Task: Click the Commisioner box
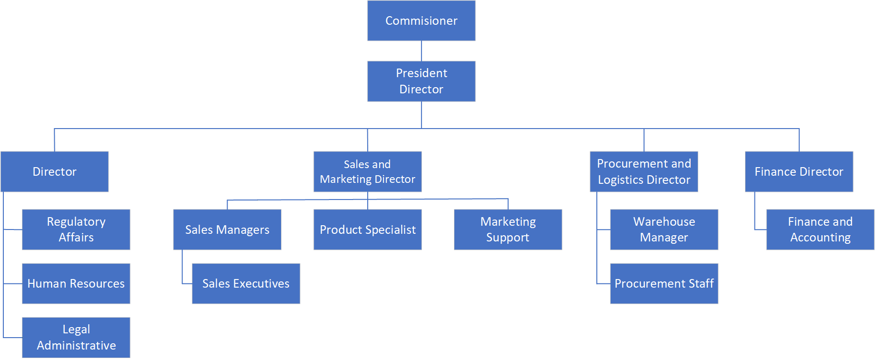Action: [x=421, y=21]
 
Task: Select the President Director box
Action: [x=421, y=81]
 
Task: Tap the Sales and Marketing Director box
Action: [x=367, y=171]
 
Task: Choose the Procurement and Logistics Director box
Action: [x=644, y=171]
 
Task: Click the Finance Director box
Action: [x=799, y=171]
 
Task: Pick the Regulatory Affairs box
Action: [x=76, y=230]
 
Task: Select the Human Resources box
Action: [x=76, y=283]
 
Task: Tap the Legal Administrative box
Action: [x=76, y=337]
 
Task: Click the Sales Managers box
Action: [x=227, y=230]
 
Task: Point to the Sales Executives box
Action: [x=246, y=283]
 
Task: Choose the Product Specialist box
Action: [x=367, y=230]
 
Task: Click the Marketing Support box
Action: [x=508, y=230]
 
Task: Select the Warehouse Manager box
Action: [x=664, y=230]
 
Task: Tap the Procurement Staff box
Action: [x=664, y=283]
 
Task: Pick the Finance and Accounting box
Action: [x=820, y=230]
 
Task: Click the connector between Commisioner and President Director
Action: [x=421, y=51]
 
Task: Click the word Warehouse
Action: [x=664, y=222]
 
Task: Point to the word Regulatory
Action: [x=76, y=222]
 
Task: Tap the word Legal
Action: [x=76, y=330]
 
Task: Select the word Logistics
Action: [x=620, y=180]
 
